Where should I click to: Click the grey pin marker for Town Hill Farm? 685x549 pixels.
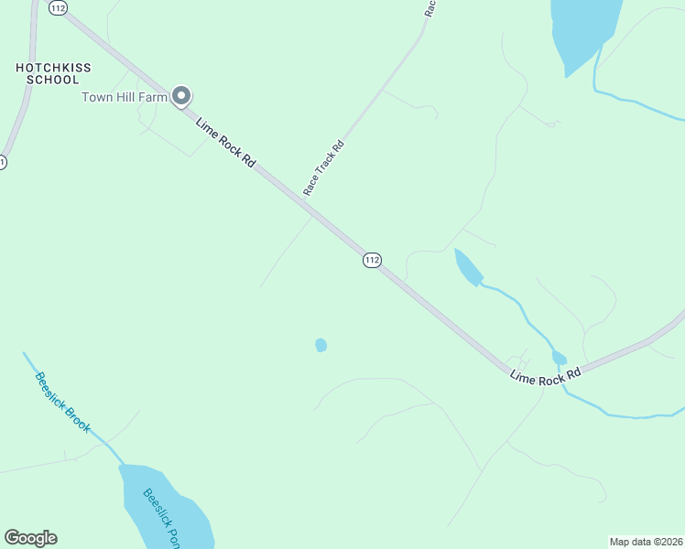pos(181,95)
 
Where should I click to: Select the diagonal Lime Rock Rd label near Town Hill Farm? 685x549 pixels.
pos(224,143)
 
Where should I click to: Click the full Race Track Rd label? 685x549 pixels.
pos(324,167)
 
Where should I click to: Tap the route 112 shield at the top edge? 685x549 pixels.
pos(60,7)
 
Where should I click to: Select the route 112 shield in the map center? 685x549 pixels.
pos(371,260)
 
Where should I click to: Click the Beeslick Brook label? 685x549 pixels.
pos(63,403)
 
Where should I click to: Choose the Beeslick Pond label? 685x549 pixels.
pos(165,518)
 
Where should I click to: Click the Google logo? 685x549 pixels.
pos(30,538)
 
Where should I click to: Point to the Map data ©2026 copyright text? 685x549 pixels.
pos(646,541)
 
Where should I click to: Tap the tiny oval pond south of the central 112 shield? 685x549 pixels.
pos(321,345)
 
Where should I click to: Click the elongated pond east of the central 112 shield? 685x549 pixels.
pos(468,267)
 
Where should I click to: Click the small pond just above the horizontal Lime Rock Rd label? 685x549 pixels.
pos(559,358)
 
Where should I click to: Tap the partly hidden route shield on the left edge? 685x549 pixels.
pos(2,162)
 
